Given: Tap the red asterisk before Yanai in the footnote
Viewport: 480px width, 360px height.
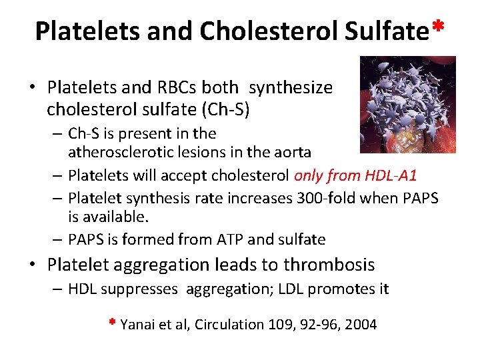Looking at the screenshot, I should pyautogui.click(x=113, y=323).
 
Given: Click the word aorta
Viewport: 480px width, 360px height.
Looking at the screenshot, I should pyautogui.click(x=293, y=152).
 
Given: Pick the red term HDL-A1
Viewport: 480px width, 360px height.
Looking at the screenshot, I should pyautogui.click(x=391, y=175).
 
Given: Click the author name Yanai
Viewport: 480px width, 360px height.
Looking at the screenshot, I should pyautogui.click(x=137, y=325).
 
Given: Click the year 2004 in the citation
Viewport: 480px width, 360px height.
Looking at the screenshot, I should pyautogui.click(x=361, y=325).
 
